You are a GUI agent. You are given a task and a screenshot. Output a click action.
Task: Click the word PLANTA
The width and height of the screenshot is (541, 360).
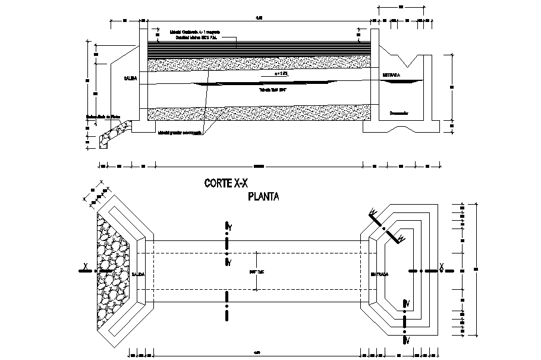[x=263, y=196]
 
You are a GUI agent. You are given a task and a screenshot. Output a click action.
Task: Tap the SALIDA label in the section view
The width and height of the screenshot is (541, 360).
[x=131, y=78]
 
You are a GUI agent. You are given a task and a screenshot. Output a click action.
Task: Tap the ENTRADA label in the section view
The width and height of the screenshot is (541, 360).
[x=391, y=76]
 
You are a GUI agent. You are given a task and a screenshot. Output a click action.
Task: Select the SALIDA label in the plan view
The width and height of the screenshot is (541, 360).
[x=139, y=274]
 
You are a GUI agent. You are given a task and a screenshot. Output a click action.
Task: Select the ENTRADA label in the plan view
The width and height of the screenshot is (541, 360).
[x=380, y=274]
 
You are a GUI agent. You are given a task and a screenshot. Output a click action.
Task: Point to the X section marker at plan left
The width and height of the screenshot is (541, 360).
[x=86, y=265]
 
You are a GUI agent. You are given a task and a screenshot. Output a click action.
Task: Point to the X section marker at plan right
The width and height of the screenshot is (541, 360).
[x=441, y=265]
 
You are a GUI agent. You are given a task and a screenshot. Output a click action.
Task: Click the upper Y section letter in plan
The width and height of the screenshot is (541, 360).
[x=228, y=227]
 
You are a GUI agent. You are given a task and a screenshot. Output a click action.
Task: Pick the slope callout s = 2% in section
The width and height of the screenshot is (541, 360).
[x=285, y=74]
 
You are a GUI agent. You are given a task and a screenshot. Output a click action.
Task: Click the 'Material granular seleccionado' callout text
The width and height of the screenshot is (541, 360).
[x=181, y=133]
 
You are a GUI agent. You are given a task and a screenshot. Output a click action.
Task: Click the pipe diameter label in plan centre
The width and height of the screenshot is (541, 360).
[x=256, y=271]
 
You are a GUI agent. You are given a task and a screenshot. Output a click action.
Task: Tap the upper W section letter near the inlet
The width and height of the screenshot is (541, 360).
[x=373, y=211]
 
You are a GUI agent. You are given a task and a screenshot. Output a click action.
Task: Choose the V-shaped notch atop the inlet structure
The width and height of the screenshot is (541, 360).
[x=410, y=60]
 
